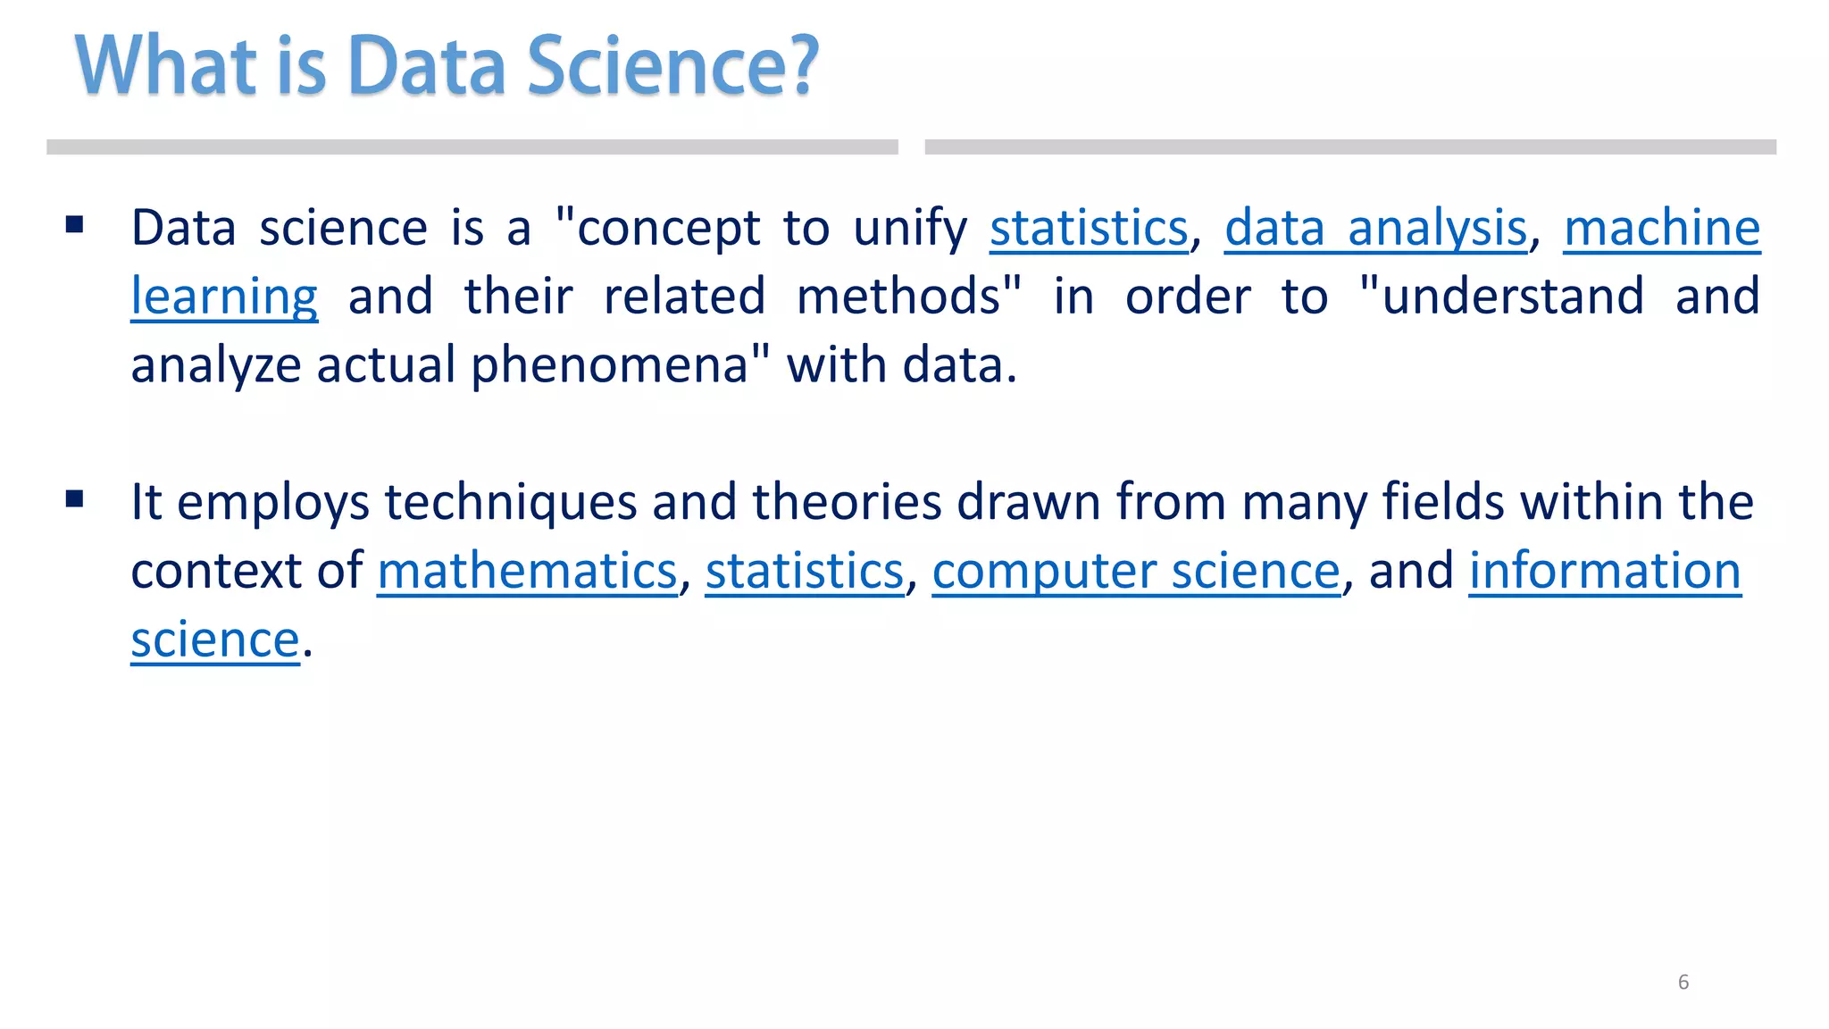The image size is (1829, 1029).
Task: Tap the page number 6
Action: click(x=1683, y=982)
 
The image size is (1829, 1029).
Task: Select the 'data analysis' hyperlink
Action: click(x=1375, y=228)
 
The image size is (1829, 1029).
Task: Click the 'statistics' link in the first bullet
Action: click(x=1089, y=228)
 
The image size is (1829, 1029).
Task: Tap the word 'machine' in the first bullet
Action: click(x=1661, y=228)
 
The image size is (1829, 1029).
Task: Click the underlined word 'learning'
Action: click(x=224, y=297)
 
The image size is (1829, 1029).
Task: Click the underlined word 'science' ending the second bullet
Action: click(x=214, y=639)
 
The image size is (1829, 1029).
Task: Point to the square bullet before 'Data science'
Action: click(x=75, y=224)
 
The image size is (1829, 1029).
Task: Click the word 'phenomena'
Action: click(x=610, y=365)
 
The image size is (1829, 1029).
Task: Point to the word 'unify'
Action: click(x=909, y=228)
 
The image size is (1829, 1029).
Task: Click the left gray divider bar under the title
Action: click(x=472, y=147)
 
